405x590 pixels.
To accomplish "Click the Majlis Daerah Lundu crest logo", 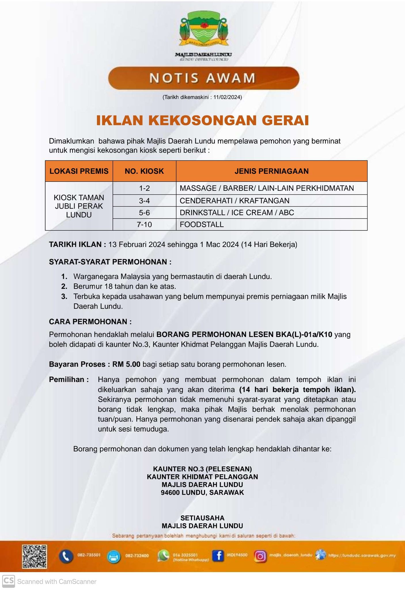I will point(204,31).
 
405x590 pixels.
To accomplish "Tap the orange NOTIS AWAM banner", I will point(204,78).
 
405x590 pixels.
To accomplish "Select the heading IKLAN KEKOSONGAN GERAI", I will point(202,120).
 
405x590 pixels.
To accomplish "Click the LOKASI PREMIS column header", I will point(79,171).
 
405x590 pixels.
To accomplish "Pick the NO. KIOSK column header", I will point(144,171).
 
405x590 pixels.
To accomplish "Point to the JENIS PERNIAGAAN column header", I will point(271,171).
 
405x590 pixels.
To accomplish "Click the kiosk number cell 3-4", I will point(144,201).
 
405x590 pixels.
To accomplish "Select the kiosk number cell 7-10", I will point(144,224).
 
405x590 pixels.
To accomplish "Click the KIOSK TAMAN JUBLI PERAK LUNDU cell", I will point(79,206).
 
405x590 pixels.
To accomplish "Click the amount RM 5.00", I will point(126,364).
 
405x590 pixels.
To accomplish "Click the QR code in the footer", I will point(35,556).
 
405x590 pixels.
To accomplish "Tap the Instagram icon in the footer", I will point(260,556).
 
